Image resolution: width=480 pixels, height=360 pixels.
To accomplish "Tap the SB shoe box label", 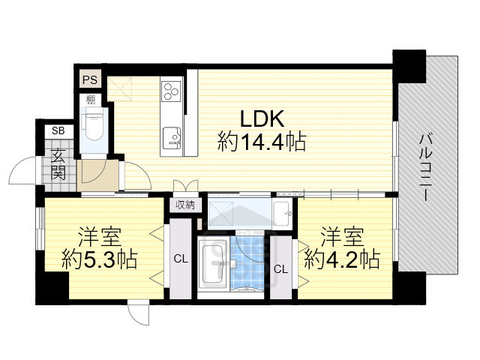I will pos(58,131).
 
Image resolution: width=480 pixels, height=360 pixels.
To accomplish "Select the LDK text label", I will pos(262,118).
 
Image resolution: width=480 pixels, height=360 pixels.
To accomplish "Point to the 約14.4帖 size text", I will pos(262,141).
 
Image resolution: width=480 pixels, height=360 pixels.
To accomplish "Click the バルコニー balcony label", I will pos(424,166).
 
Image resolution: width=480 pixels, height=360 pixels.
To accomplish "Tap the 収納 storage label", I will pos(185,204).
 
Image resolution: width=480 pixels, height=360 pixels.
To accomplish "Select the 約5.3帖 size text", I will pos(100,259).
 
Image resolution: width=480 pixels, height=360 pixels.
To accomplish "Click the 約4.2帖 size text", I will pos(341,259).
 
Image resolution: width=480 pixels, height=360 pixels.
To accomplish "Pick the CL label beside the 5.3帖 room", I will pos(180,259).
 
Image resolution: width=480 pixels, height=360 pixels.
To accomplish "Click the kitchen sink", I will pos(171,138).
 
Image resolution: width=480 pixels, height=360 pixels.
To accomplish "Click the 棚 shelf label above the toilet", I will pos(91,100).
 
